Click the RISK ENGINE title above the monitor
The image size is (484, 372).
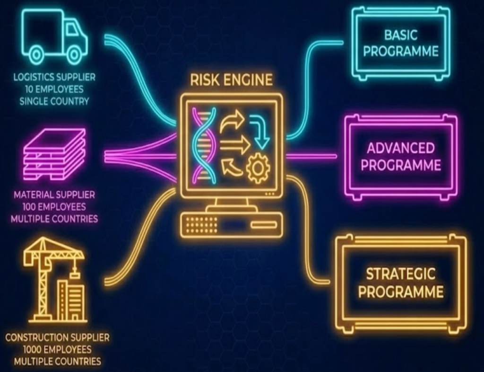point(231,80)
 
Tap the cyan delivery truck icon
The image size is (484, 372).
point(55,36)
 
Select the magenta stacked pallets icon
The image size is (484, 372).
point(55,154)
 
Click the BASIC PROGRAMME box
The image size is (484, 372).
point(401,44)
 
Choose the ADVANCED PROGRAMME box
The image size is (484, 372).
point(401,157)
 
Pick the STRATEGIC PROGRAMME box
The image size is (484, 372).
point(401,283)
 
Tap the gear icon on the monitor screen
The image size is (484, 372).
point(258,168)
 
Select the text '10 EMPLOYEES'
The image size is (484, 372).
point(54,89)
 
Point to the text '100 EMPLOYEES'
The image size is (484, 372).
point(54,207)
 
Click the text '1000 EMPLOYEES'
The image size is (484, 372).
point(57,349)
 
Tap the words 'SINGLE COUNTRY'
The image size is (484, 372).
point(54,101)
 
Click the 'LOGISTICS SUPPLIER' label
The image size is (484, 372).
point(54,77)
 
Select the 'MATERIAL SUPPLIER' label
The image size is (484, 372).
point(54,195)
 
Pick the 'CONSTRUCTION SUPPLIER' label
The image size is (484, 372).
point(57,337)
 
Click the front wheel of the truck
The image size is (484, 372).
point(74,55)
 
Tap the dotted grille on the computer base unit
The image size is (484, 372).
point(202,225)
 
